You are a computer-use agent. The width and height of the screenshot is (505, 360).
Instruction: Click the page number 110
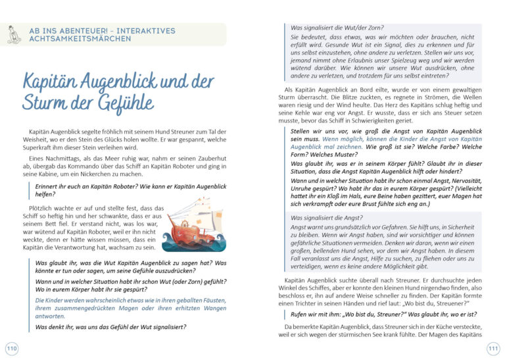(x=11, y=347)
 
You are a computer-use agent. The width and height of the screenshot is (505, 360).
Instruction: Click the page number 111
(x=493, y=347)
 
